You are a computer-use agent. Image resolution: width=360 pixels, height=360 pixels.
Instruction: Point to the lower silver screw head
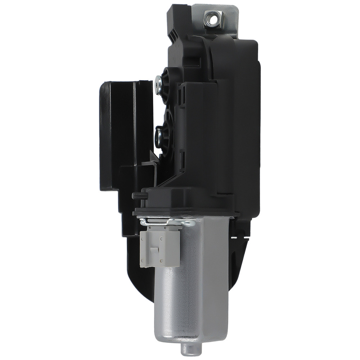tap(158, 135)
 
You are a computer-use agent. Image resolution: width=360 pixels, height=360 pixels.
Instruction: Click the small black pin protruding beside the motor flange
tap(137, 195)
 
